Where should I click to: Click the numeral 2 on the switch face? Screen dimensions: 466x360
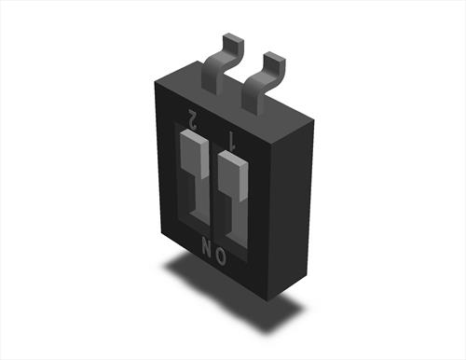tap(194, 119)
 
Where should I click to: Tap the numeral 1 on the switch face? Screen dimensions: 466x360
tap(232, 140)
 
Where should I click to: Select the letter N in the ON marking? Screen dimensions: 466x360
tap(206, 246)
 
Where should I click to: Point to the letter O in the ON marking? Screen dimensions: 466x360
tap(221, 256)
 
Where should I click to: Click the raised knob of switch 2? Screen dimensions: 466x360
tap(194, 154)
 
